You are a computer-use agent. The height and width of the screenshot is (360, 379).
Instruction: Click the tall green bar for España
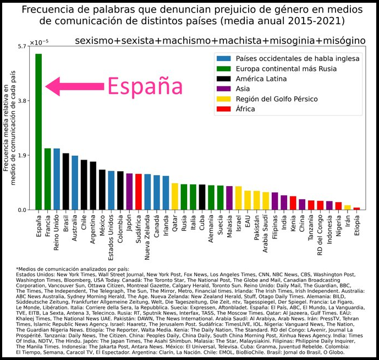(x=39, y=132)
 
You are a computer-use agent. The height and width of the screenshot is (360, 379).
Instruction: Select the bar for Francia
(x=47, y=179)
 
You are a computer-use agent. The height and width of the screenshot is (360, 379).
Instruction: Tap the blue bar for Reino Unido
(x=57, y=179)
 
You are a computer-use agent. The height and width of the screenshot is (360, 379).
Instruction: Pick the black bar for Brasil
(x=66, y=182)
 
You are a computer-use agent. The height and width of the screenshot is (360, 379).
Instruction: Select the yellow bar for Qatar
(x=175, y=197)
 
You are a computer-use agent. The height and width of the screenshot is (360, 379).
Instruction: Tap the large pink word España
(x=144, y=86)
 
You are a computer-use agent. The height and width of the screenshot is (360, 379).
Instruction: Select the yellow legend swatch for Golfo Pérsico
(x=223, y=99)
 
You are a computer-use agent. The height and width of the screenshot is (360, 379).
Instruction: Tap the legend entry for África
(x=245, y=109)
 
